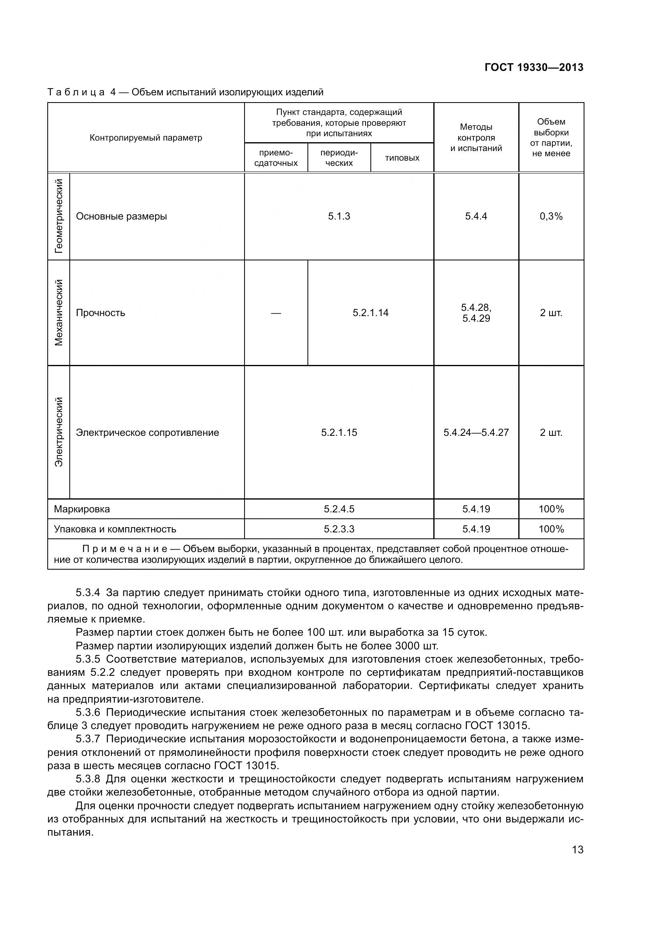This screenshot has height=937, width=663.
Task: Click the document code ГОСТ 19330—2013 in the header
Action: coord(534,67)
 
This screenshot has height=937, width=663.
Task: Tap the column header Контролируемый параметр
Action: coord(146,138)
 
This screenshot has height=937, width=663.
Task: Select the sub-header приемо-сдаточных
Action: coord(276,158)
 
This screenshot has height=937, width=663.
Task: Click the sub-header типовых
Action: coord(402,158)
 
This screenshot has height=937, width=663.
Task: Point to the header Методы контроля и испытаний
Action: coord(476,138)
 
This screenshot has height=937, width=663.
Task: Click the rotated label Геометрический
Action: coord(59,216)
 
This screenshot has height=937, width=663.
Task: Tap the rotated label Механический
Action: coord(59,312)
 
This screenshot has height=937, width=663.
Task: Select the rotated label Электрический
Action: coord(59,432)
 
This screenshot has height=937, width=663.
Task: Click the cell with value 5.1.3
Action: coord(339,216)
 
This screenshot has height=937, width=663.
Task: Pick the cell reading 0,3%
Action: coord(551,216)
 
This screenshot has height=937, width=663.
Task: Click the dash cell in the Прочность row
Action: coord(276,313)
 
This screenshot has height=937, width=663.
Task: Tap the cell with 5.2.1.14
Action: coord(370,313)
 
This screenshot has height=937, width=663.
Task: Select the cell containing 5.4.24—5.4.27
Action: coord(476,433)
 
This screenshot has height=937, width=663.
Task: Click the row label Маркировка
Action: coord(82,509)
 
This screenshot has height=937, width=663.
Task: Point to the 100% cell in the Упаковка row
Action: coord(551,529)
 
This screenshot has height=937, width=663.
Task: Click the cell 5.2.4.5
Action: coord(339,509)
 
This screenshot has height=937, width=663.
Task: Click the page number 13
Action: coord(577,850)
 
